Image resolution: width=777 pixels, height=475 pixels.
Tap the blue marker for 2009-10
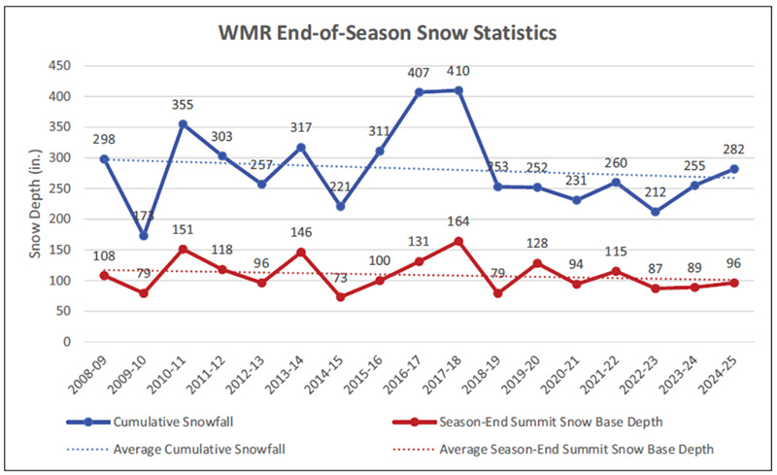coord(144,235)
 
